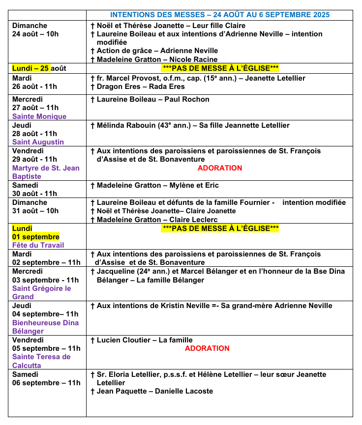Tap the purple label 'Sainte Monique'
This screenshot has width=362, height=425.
pyautogui.click(x=39, y=116)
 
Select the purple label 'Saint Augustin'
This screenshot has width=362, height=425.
pyautogui.click(x=38, y=142)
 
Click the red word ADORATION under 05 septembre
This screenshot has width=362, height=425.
pyautogui.click(x=207, y=348)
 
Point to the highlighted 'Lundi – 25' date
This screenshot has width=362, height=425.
pyautogui.click(x=31, y=68)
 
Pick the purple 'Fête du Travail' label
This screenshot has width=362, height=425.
pyautogui.click(x=38, y=245)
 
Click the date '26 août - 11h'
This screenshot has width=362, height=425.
pyautogui.click(x=34, y=86)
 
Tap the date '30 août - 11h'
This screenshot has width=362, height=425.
pyautogui.click(x=34, y=194)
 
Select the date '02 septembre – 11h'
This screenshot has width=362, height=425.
pyautogui.click(x=46, y=262)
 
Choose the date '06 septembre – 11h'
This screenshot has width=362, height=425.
pyautogui.click(x=46, y=383)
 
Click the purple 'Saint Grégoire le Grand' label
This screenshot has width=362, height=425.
pyautogui.click(x=41, y=292)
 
